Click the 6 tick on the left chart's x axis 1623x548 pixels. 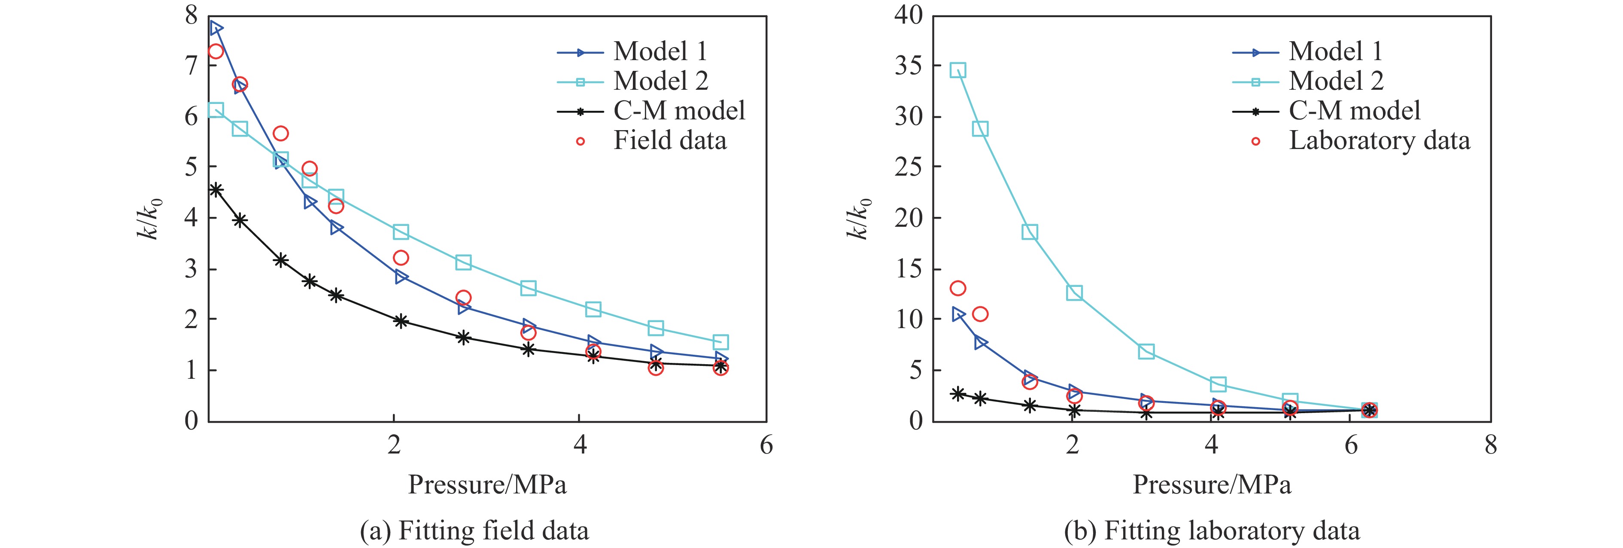tap(766, 445)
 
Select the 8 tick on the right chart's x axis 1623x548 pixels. tap(1490, 445)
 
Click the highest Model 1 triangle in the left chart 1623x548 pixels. tap(216, 28)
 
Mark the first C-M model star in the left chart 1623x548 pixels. tap(216, 189)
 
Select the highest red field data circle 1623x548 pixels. tap(216, 51)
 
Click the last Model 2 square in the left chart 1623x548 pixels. tap(721, 342)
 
